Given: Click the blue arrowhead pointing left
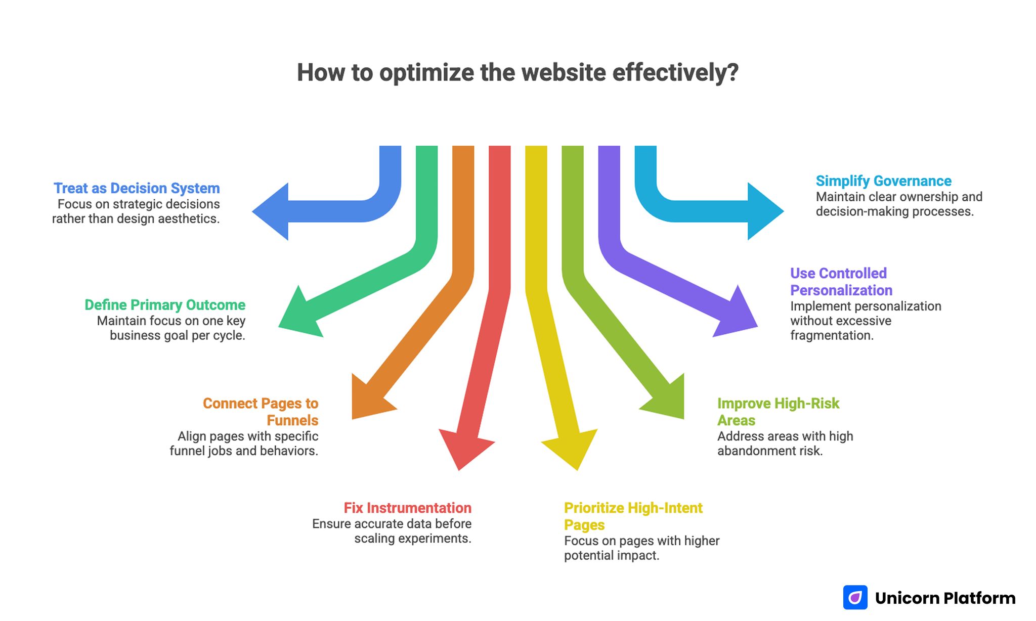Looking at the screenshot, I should click(273, 211).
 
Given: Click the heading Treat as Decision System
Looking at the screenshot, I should click(137, 188).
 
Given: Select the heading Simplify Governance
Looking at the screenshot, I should click(883, 181).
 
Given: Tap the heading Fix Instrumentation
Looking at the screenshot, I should click(407, 508).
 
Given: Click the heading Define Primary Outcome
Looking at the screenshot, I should click(165, 305).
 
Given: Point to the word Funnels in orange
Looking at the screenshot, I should click(292, 420).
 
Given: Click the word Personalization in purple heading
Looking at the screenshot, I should click(841, 290).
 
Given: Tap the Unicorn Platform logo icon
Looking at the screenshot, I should click(855, 598).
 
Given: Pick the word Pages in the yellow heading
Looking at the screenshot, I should click(584, 525).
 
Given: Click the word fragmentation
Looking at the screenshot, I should click(831, 335).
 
